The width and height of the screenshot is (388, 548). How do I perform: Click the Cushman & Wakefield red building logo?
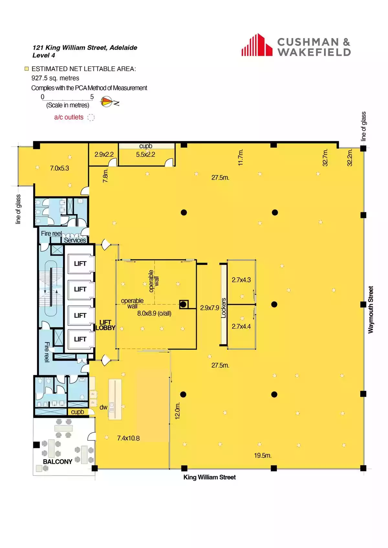coord(257,45)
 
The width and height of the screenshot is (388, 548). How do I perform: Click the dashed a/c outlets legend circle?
coord(91,117)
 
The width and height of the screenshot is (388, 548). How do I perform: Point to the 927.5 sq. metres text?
coord(55,78)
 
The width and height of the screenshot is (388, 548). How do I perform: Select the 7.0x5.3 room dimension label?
coord(59,168)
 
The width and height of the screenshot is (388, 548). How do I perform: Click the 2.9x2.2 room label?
coord(104,155)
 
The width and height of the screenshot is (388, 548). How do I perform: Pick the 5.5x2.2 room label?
coord(145,155)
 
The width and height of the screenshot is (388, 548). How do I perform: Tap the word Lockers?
coord(223,308)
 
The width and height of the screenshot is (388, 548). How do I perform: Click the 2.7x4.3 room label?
coord(241,280)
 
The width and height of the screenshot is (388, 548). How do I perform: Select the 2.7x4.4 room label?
coord(241,326)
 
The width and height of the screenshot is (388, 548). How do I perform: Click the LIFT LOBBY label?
coord(105,325)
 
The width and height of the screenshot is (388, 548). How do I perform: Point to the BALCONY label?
coord(58,462)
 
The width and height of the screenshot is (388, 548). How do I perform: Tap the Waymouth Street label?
coord(371,310)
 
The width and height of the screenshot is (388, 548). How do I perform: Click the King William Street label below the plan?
coord(210,477)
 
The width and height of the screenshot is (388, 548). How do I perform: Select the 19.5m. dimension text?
coord(263,456)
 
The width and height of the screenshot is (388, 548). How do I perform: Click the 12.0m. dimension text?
coord(178,411)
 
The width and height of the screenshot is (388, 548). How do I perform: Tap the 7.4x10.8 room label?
coord(128,438)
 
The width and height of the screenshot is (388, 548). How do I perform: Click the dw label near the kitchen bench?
coord(103,407)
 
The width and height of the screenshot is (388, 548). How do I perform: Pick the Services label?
coord(75,240)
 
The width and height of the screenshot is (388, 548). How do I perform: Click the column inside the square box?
coord(183,304)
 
